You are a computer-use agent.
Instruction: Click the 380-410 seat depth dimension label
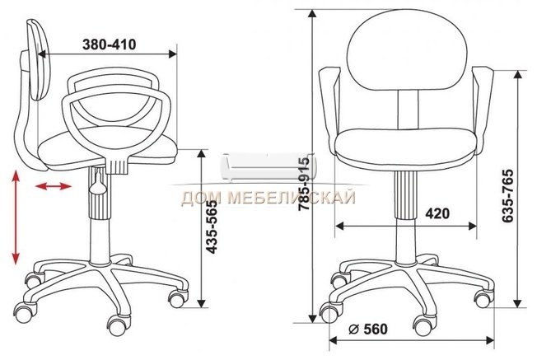pyautogui.click(x=110, y=44)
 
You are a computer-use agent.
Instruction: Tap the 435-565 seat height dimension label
pyautogui.click(x=212, y=227)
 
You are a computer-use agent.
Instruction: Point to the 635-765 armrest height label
pyautogui.click(x=507, y=195)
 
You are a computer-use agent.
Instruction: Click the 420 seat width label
pyautogui.click(x=437, y=213)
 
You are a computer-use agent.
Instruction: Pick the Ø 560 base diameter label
pyautogui.click(x=368, y=330)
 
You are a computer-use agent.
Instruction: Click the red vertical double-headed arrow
pyautogui.click(x=16, y=217)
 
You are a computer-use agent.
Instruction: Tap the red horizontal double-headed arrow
pyautogui.click(x=54, y=186)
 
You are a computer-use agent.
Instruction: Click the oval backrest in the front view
pyautogui.click(x=407, y=50)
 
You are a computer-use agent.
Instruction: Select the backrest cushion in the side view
pyautogui.click(x=39, y=59)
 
